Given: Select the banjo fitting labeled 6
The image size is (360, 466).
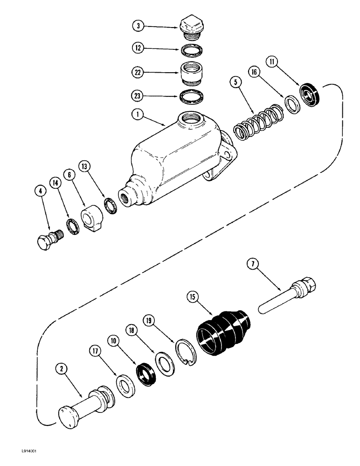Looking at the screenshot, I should [91, 217].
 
